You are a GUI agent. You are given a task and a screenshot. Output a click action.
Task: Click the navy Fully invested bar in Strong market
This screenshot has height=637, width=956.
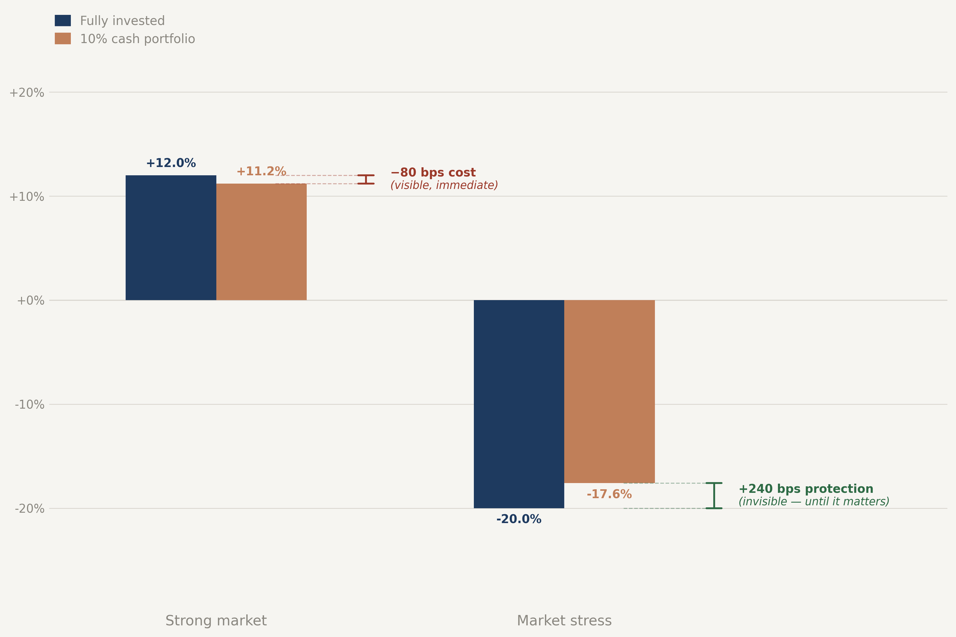tap(171, 238)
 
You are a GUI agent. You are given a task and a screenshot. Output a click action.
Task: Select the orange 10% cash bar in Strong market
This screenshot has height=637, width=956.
tap(261, 242)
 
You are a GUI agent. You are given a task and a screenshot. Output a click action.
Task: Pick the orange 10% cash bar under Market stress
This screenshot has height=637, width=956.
tap(609, 391)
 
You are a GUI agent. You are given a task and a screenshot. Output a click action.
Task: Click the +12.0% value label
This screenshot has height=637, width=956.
tap(171, 163)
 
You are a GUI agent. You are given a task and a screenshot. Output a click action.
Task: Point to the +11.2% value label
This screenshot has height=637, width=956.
tap(261, 171)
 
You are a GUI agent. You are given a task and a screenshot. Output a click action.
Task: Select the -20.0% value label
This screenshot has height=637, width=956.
tap(519, 519)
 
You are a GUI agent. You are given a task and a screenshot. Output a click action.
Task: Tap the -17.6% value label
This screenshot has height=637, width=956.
tap(609, 494)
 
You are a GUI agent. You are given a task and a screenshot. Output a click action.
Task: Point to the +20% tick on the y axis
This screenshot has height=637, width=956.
tap(27, 93)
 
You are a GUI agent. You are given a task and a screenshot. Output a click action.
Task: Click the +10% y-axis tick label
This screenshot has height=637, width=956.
tap(27, 197)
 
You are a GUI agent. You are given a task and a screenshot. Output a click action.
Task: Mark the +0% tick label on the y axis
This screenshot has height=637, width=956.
tap(31, 301)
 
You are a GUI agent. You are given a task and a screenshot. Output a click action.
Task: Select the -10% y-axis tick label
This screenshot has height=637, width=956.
tap(29, 405)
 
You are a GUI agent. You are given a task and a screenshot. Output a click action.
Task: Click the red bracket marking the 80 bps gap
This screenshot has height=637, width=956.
tap(366, 179)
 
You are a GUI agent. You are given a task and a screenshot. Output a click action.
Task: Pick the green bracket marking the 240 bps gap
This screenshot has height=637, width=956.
tap(714, 495)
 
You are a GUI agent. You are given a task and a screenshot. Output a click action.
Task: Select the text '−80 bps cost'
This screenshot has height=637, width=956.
tap(433, 172)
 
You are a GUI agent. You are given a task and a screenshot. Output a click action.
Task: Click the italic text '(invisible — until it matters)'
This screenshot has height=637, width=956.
tap(813, 501)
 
